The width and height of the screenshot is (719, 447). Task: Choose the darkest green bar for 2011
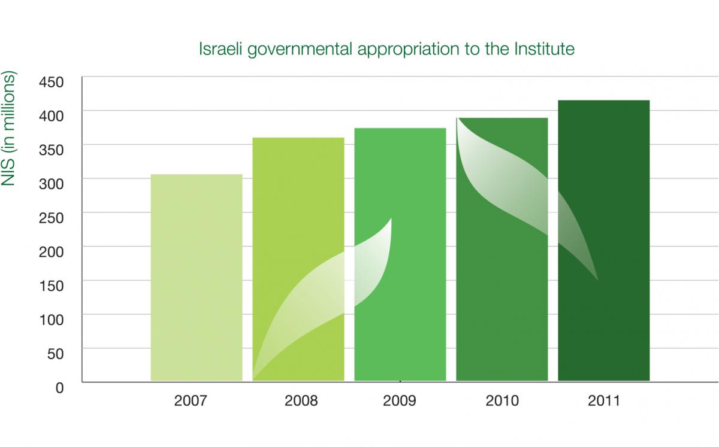[603, 240]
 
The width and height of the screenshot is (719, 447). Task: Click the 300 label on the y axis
[50, 183]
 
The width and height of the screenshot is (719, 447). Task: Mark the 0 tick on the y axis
[59, 387]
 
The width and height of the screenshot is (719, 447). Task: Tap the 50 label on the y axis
[55, 353]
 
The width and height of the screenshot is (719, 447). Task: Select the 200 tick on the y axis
[50, 251]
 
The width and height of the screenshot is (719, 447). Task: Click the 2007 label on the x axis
[191, 400]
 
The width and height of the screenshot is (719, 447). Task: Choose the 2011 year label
[603, 400]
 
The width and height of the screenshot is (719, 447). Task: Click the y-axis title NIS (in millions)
[10, 129]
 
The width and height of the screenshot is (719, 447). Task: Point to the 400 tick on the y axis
[50, 115]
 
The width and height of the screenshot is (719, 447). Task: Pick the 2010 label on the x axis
[502, 400]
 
